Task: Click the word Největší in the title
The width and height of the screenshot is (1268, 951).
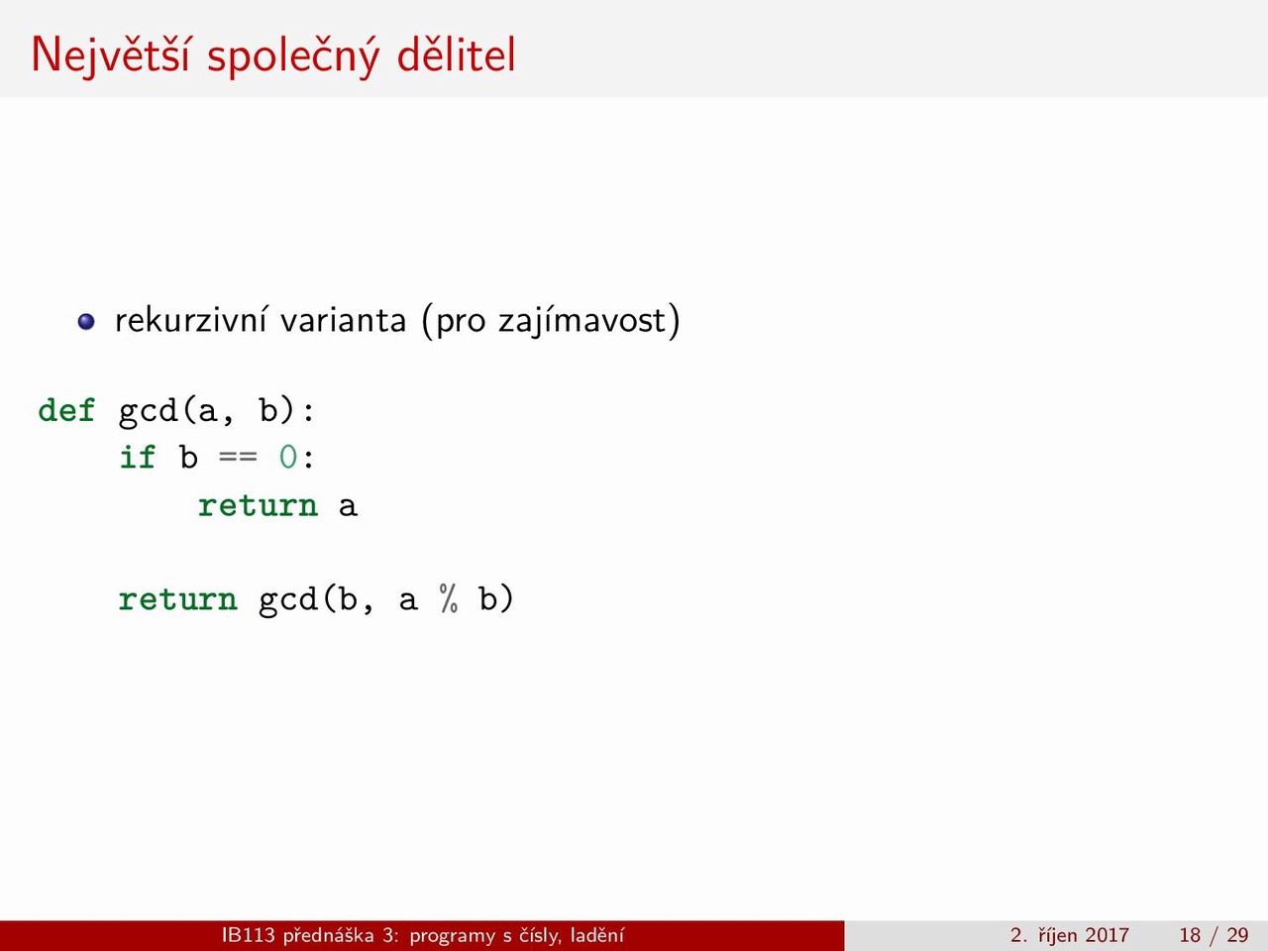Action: coord(110,55)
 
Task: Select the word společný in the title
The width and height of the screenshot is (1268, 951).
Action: coord(293,56)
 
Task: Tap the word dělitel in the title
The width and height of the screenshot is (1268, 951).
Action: coord(456,53)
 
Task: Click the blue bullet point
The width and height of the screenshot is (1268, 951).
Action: coord(86,322)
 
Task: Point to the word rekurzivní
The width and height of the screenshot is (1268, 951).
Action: coord(190,320)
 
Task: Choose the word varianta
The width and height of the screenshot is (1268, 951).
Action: coord(343,320)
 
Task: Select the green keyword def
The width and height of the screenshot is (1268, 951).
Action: coord(66,410)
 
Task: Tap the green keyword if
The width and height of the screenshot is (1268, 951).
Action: coord(138,458)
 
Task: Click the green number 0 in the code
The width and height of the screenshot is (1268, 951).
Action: coord(288,458)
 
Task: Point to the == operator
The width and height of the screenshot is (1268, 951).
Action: coord(238,458)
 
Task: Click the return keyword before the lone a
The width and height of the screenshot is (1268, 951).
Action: coord(258,506)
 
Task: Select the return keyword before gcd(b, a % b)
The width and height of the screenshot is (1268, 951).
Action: coord(178,599)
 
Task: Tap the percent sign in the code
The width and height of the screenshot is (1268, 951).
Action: coord(449,598)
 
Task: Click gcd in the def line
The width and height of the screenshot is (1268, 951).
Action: coord(148,413)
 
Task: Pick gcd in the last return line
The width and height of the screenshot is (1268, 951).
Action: coord(288,601)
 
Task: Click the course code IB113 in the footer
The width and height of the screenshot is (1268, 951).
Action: coord(249,935)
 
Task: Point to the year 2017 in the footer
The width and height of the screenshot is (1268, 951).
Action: coord(1107,935)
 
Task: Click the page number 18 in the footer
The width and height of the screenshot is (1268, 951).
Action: coord(1190,935)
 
